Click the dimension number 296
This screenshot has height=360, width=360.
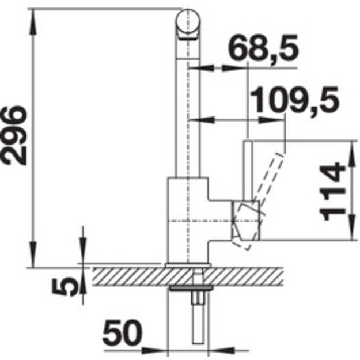14,135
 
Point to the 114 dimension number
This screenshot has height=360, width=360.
332,191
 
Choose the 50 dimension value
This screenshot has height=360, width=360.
122,334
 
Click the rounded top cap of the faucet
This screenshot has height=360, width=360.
188,24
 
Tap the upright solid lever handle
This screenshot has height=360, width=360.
248,170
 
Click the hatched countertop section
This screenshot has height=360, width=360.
187,276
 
